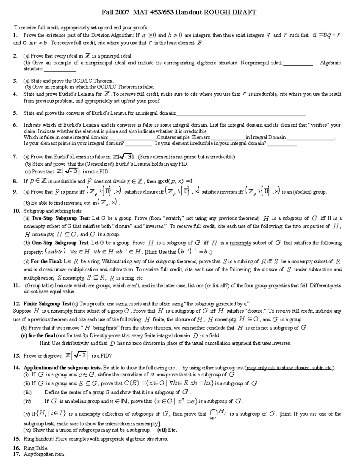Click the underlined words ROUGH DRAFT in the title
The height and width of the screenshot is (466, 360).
(x=230, y=12)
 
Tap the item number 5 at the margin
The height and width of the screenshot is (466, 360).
(x=15, y=113)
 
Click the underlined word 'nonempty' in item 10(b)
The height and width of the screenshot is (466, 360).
(x=241, y=243)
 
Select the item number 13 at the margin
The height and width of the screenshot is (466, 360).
(x=16, y=356)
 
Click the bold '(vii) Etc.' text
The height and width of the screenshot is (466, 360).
(x=167, y=430)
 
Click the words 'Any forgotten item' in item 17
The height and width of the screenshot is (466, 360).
(x=44, y=454)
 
